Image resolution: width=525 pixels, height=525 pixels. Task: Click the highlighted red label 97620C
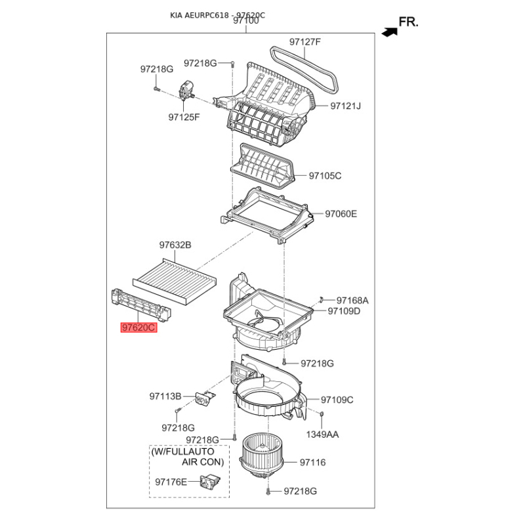pyautogui.click(x=139, y=327)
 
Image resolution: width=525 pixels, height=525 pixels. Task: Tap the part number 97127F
pyautogui.click(x=305, y=42)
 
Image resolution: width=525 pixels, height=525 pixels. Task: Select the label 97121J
pyautogui.click(x=346, y=106)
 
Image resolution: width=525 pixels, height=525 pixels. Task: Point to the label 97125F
pyautogui.click(x=184, y=117)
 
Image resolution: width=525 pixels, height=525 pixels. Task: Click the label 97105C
pyautogui.click(x=325, y=176)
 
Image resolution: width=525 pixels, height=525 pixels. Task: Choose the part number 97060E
pyautogui.click(x=341, y=214)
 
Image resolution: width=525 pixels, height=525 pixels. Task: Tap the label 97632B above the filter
pyautogui.click(x=175, y=245)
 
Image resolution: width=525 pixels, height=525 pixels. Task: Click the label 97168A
pyautogui.click(x=352, y=301)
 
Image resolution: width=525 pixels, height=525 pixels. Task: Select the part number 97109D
pyautogui.click(x=344, y=311)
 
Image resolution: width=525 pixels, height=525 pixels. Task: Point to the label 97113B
pyautogui.click(x=165, y=396)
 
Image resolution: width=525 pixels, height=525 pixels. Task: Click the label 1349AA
pyautogui.click(x=322, y=434)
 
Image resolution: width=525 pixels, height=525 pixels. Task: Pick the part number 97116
pyautogui.click(x=313, y=463)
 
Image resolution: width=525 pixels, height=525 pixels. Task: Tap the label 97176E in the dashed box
pyautogui.click(x=171, y=482)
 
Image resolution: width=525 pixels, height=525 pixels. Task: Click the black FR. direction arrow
pyautogui.click(x=390, y=32)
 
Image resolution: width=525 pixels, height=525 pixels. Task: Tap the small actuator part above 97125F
pyautogui.click(x=186, y=90)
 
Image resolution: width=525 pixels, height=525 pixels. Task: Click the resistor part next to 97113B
pyautogui.click(x=205, y=398)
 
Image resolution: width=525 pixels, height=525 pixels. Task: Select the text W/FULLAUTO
pyautogui.click(x=182, y=451)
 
